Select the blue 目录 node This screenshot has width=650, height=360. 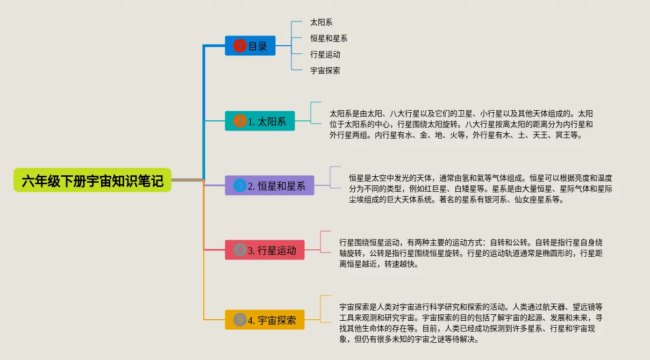[x=250, y=46]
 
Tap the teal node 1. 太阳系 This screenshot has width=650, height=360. [x=260, y=121]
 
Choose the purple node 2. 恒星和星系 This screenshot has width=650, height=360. [x=269, y=186]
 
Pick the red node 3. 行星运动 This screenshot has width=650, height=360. [x=265, y=250]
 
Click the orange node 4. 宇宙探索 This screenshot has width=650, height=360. [x=265, y=320]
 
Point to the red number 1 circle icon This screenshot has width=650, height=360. [x=240, y=46]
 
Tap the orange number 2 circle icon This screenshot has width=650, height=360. [x=240, y=121]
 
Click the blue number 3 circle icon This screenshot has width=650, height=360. [x=240, y=186]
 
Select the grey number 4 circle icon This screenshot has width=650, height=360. [x=240, y=250]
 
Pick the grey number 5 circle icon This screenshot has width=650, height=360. [x=240, y=320]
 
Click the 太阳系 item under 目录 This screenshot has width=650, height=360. [x=321, y=23]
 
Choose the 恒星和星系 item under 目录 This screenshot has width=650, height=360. [x=328, y=39]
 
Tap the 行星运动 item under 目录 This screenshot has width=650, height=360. [x=325, y=55]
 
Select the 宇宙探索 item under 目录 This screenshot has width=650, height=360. [x=325, y=70]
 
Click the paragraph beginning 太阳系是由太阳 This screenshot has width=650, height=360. [x=461, y=125]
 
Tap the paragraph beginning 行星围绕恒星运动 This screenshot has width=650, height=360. [x=470, y=253]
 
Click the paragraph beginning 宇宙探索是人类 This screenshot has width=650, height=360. [x=471, y=323]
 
